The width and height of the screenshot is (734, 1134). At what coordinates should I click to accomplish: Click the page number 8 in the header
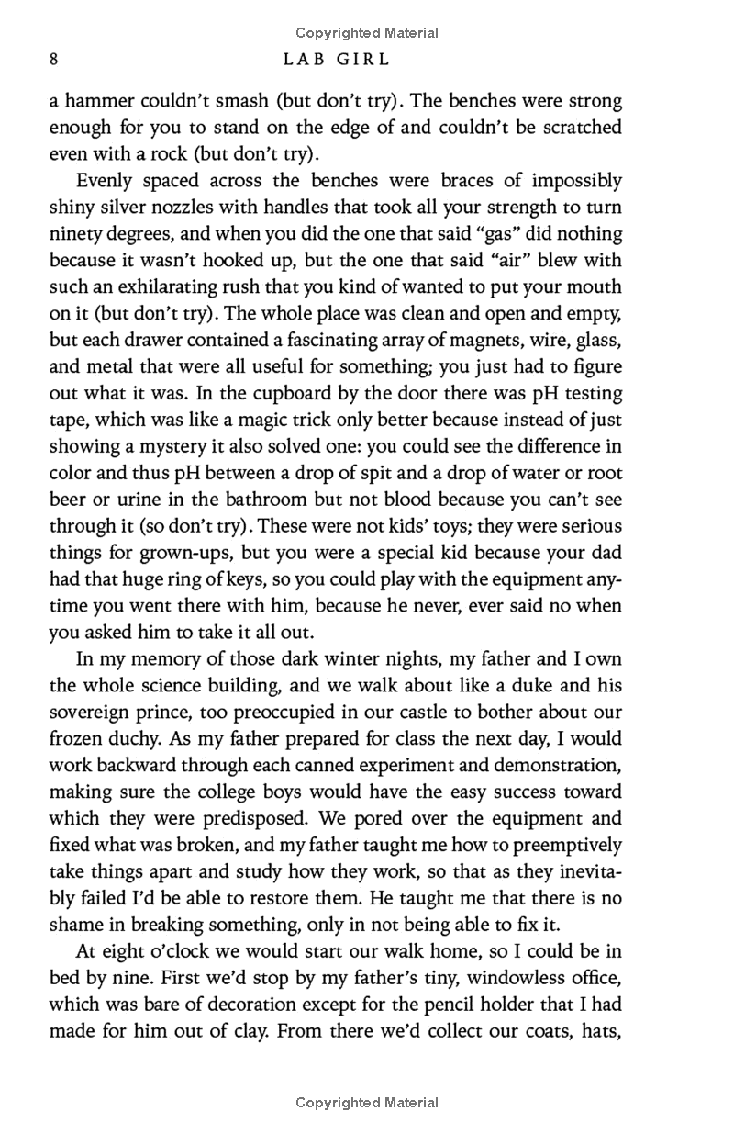click(x=53, y=60)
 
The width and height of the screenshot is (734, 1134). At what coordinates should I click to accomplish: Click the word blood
click(x=403, y=500)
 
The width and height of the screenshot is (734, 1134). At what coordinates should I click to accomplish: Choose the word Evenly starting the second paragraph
click(x=105, y=180)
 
